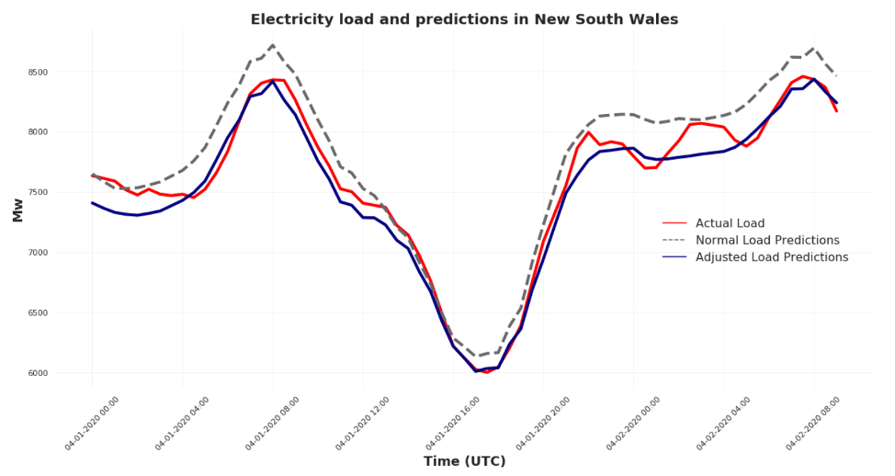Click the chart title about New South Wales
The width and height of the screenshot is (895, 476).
click(x=464, y=19)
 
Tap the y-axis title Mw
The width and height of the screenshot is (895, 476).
click(x=17, y=210)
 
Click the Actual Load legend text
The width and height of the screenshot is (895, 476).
click(x=730, y=223)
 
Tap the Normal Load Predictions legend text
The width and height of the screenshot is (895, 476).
click(x=767, y=241)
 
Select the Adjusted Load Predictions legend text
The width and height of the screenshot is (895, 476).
click(x=772, y=258)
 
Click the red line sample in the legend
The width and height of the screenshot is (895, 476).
click(x=674, y=223)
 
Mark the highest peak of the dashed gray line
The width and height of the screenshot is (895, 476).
click(x=273, y=45)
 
